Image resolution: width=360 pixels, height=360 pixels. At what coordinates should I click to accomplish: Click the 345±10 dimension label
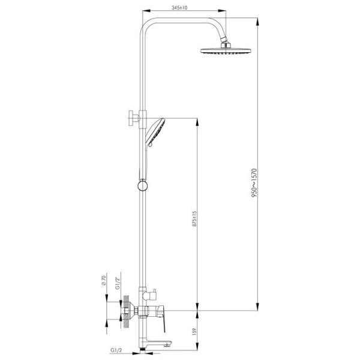tap(179, 8)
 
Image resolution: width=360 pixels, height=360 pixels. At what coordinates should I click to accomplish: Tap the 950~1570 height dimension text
tap(254, 183)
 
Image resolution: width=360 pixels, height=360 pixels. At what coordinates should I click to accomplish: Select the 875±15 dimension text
tap(194, 218)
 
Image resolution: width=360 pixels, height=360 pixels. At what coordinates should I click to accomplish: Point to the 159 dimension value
tap(194, 331)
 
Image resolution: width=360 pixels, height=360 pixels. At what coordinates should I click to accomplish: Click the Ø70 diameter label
tap(103, 280)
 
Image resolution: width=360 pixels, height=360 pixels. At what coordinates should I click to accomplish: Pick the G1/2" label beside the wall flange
tap(118, 283)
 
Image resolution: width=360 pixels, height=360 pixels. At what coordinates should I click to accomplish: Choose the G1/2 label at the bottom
tap(116, 350)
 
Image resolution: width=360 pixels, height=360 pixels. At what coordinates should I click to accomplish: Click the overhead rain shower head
tap(226, 51)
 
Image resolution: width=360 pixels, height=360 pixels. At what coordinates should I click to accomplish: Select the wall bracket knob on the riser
tap(133, 118)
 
